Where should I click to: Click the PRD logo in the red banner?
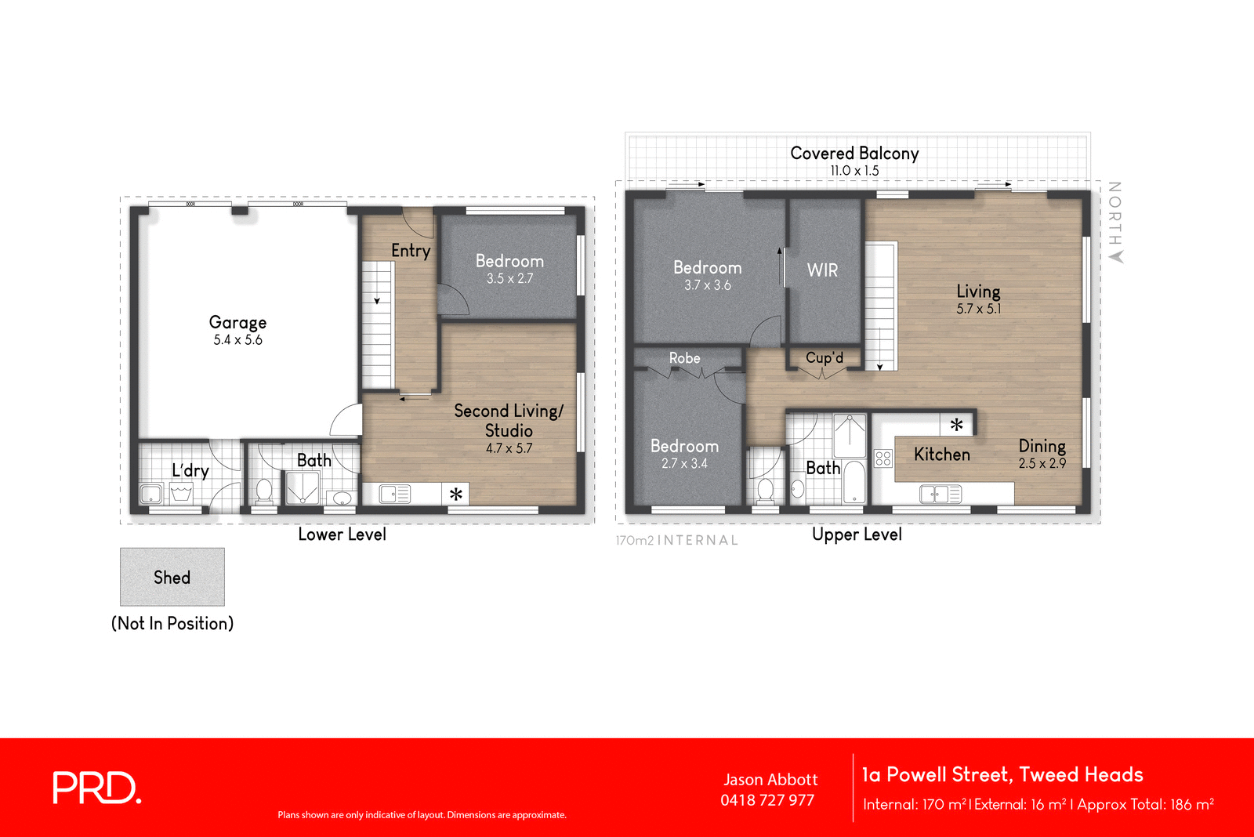point(96,788)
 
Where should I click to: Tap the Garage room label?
point(237,322)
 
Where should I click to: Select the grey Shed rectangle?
point(172,577)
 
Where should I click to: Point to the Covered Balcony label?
point(854,154)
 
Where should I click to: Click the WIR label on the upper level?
point(822,270)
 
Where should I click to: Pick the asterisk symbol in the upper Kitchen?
point(956,425)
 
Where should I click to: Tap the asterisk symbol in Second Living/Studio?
point(456,494)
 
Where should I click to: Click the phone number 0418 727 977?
point(767,800)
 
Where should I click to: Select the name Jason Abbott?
point(770,780)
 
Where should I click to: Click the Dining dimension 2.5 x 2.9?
point(1042,464)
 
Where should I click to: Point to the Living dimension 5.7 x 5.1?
point(978,309)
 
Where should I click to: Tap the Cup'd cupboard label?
point(825,358)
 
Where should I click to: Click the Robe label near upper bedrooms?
point(684,358)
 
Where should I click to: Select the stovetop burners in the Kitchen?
point(883,458)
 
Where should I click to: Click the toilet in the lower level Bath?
point(264,491)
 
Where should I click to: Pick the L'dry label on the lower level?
point(190,470)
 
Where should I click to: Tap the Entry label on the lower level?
point(411,251)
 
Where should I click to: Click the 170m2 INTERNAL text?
point(676,540)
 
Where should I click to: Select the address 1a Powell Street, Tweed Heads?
point(1002,775)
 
